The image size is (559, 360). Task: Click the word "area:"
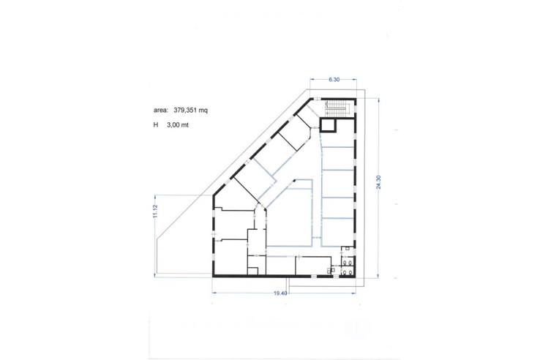point(161,110)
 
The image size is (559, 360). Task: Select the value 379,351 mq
point(192,110)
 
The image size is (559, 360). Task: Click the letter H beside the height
point(156,126)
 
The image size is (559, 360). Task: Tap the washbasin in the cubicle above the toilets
point(346,249)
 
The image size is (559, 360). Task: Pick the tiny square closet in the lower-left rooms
point(252,271)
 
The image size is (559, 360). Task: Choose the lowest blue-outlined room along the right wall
point(339,230)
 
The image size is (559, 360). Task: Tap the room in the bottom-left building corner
point(230,258)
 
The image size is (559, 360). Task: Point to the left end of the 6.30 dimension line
point(309,80)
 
